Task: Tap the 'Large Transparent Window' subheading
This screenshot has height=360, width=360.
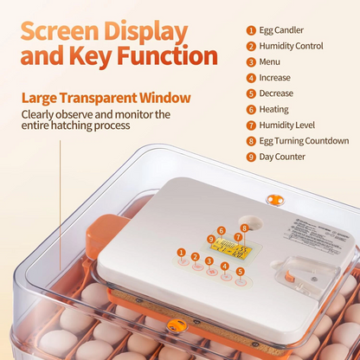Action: click(x=106, y=98)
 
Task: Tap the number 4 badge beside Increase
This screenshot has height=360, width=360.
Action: click(x=251, y=78)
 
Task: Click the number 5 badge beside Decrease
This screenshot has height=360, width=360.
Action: click(x=251, y=93)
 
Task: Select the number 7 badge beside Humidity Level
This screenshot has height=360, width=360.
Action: click(x=251, y=125)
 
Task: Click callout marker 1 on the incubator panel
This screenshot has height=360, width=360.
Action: click(x=181, y=252)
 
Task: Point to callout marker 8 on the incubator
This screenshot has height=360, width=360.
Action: click(x=245, y=228)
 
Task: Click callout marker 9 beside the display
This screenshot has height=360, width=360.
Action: click(x=210, y=239)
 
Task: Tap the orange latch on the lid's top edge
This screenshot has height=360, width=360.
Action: click(x=276, y=201)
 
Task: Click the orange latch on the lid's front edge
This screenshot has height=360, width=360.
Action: click(x=177, y=325)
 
